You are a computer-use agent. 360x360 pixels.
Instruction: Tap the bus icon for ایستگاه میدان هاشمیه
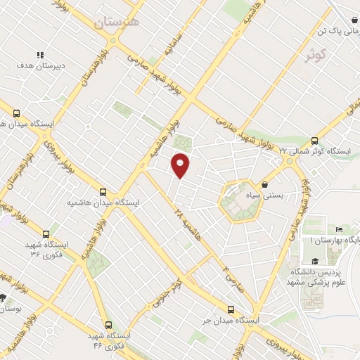(x=103, y=191)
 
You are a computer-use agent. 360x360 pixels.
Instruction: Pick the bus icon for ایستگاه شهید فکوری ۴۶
(x=108, y=325)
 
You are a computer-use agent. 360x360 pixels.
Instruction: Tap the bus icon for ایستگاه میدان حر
(x=231, y=309)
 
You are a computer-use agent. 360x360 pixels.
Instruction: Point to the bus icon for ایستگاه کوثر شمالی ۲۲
(x=314, y=140)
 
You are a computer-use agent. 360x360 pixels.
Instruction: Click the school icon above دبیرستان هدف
(x=40, y=55)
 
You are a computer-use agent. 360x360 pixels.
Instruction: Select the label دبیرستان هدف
(x=40, y=66)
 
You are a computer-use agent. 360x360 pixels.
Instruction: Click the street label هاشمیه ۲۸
(x=189, y=224)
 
